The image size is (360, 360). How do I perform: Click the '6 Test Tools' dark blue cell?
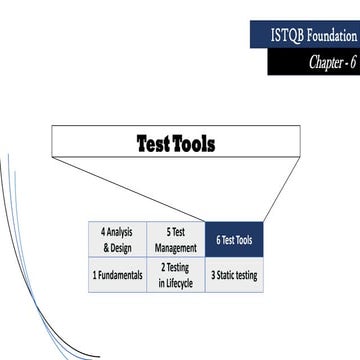[234, 240]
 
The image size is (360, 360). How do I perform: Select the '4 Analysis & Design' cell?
[117, 240]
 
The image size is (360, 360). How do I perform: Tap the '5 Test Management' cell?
[175, 240]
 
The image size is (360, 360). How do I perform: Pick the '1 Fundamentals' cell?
[117, 274]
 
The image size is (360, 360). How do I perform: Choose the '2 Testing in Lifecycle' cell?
[175, 274]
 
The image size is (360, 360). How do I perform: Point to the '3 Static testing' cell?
[234, 274]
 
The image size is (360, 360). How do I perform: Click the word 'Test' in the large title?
[154, 144]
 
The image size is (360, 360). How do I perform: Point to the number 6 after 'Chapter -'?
[353, 61]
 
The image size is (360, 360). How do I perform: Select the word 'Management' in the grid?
[175, 247]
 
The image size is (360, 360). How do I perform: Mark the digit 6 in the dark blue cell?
[219, 240]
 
